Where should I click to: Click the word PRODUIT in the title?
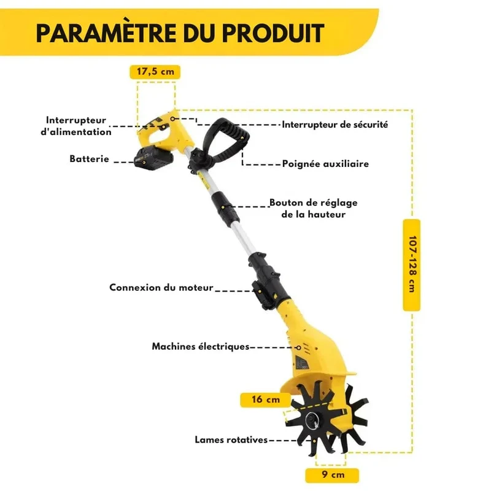pyautogui.click(x=273, y=33)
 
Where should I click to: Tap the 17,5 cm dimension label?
pyautogui.click(x=155, y=72)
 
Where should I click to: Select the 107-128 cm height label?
pyautogui.click(x=412, y=265)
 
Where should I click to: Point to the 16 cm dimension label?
pyautogui.click(x=266, y=400)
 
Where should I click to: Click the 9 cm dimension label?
pyautogui.click(x=333, y=474)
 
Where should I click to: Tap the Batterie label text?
pyautogui.click(x=89, y=159)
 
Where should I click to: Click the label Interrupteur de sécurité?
pyautogui.click(x=334, y=125)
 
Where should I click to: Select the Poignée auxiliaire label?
pyautogui.click(x=325, y=164)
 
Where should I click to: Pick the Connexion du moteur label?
pyautogui.click(x=161, y=287)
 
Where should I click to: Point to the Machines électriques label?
pyautogui.click(x=201, y=346)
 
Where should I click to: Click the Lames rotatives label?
pyautogui.click(x=231, y=439)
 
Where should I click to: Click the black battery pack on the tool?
pyautogui.click(x=153, y=158)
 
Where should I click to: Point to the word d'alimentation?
pyautogui.click(x=76, y=132)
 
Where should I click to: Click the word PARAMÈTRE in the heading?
pyautogui.click(x=106, y=33)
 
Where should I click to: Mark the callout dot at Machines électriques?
pyautogui.click(x=298, y=347)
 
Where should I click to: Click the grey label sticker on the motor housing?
pyautogui.click(x=302, y=362)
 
